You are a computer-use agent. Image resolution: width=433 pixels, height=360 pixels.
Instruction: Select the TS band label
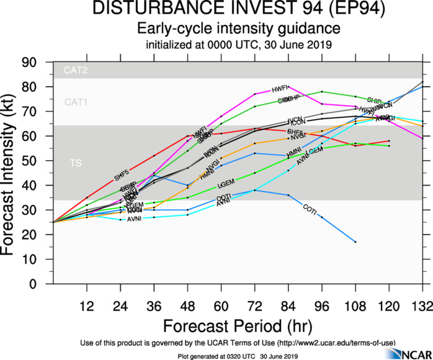pyautogui.click(x=74, y=163)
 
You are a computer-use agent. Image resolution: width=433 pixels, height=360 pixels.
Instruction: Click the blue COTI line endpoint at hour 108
pyautogui.click(x=355, y=241)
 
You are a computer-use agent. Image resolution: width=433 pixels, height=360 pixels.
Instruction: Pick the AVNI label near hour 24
pyautogui.click(x=135, y=220)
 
